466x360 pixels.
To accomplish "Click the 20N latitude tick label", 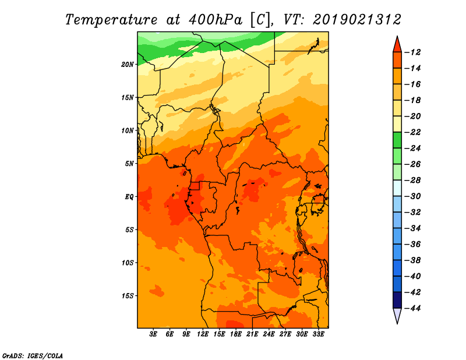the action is pyautogui.click(x=127, y=64).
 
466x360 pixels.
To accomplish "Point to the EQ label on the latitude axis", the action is pyautogui.click(x=129, y=197).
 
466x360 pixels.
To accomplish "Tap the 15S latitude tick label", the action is pyautogui.click(x=127, y=296).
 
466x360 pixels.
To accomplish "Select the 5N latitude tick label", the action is pyautogui.click(x=129, y=164).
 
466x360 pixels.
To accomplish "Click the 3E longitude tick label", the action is pyautogui.click(x=153, y=334).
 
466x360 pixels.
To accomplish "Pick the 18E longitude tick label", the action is pyautogui.click(x=236, y=334).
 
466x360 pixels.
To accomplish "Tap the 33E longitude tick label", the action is pyautogui.click(x=318, y=334).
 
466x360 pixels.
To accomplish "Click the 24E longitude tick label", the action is pyautogui.click(x=269, y=334).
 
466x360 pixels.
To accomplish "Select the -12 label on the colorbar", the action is pyautogui.click(x=412, y=52).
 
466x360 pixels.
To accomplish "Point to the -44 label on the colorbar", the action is pyautogui.click(x=412, y=308).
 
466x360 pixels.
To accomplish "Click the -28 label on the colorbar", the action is pyautogui.click(x=412, y=180).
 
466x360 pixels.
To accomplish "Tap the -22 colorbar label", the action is pyautogui.click(x=412, y=132).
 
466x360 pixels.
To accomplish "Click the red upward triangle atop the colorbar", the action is pyautogui.click(x=397, y=45).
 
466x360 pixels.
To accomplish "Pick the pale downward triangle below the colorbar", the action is pyautogui.click(x=397, y=315).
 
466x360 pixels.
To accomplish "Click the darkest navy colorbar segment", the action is pyautogui.click(x=397, y=300).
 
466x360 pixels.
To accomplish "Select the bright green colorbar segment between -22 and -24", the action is pyautogui.click(x=397, y=140).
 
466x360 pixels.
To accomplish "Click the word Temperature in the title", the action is pyautogui.click(x=111, y=20).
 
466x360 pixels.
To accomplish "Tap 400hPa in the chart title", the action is pyautogui.click(x=216, y=20).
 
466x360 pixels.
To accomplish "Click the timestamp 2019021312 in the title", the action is pyautogui.click(x=357, y=20).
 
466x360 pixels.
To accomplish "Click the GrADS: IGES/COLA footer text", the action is pyautogui.click(x=33, y=355).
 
